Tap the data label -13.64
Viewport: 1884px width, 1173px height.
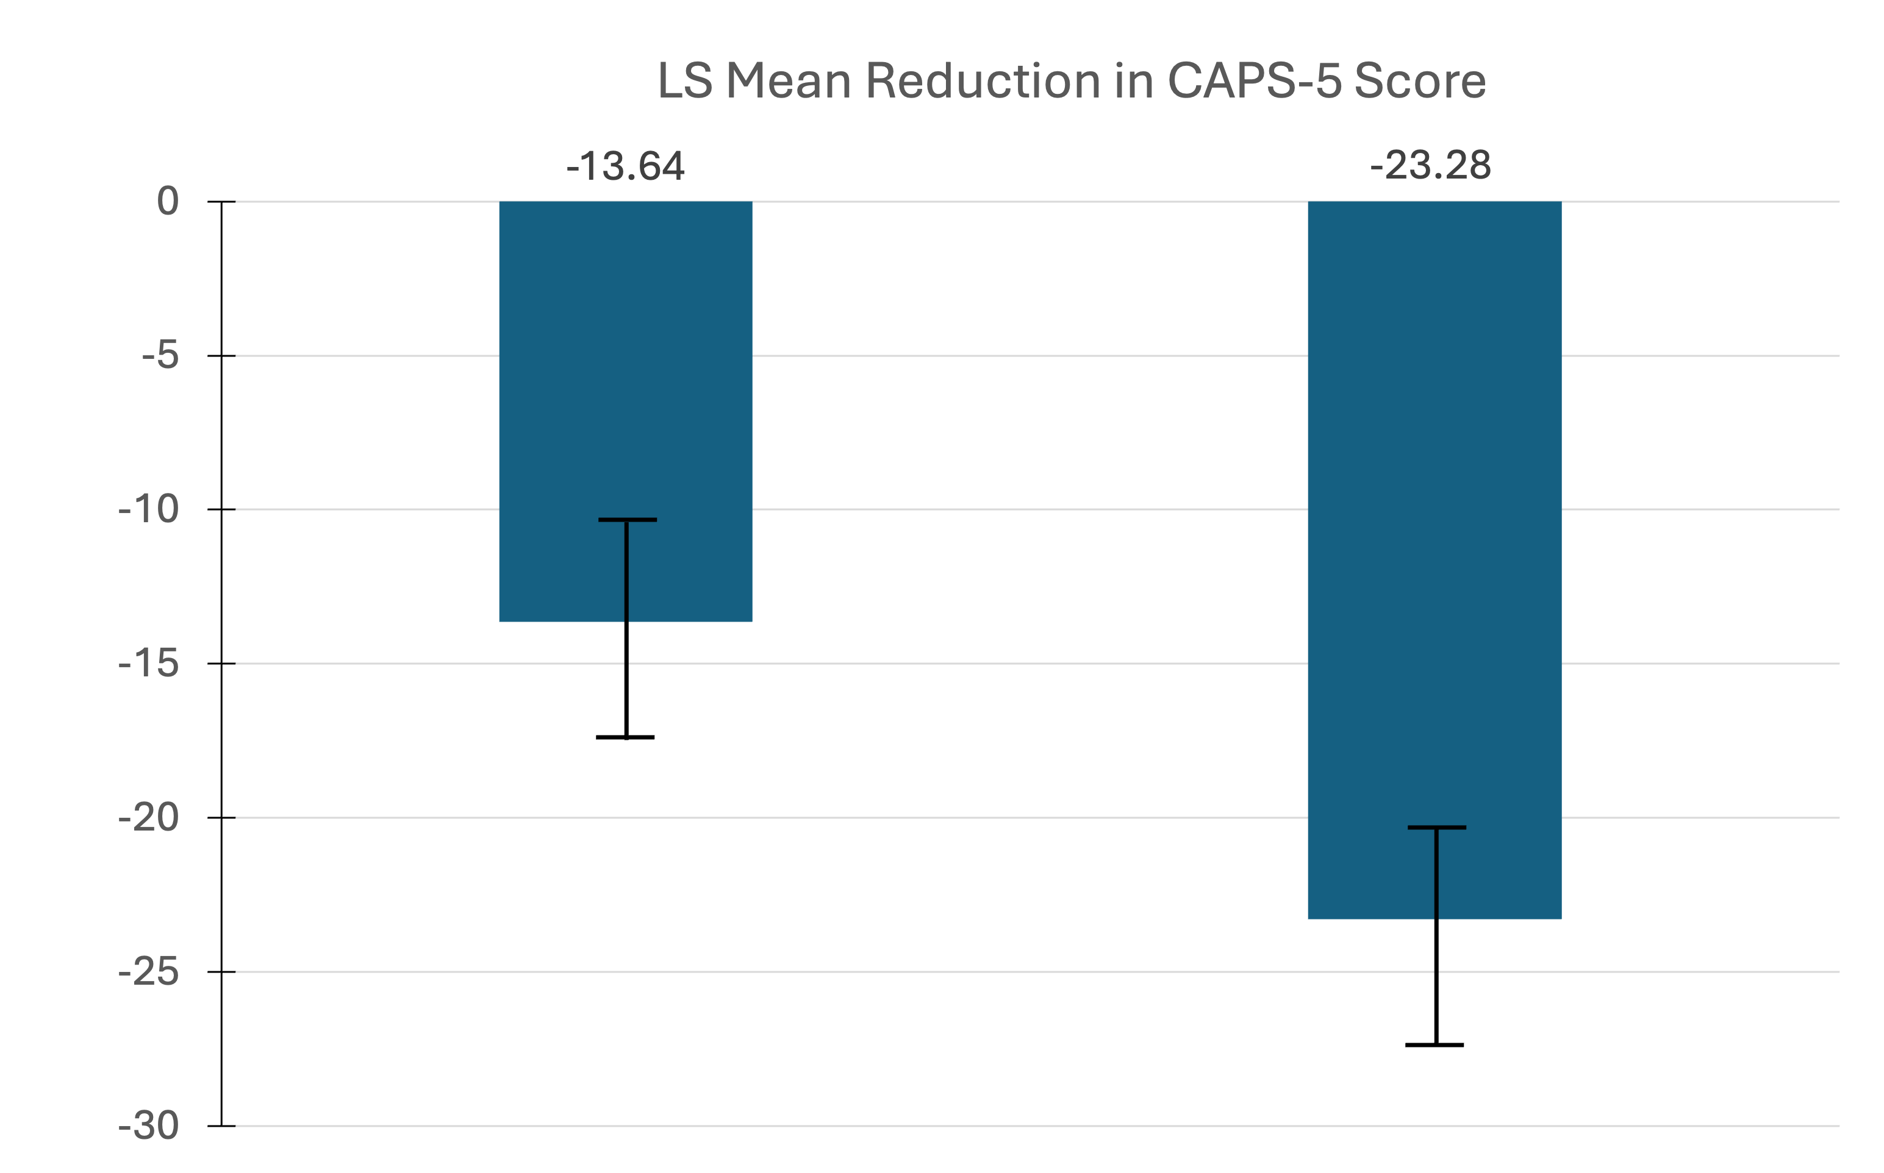626,166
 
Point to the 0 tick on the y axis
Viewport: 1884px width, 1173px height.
168,202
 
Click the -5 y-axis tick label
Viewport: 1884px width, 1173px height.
160,356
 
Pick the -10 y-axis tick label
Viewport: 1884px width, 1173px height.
149,509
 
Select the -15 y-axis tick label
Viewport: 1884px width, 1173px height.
149,664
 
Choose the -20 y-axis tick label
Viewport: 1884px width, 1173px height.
149,818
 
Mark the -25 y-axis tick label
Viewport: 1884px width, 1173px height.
149,972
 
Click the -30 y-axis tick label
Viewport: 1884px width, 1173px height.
149,1125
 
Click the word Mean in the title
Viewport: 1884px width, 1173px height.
789,80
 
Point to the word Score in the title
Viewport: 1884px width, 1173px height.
1420,80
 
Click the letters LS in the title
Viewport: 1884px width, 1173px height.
685,80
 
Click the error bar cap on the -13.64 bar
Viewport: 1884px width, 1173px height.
627,520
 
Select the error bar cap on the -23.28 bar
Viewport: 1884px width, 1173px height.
1437,827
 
